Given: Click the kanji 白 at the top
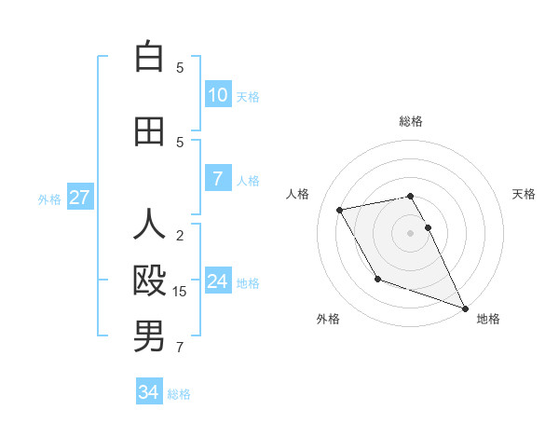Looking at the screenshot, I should click(x=149, y=57).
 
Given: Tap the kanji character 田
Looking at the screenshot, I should click(x=149, y=131).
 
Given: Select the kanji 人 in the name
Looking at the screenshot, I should click(x=149, y=225).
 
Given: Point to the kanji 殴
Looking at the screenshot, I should click(x=149, y=281).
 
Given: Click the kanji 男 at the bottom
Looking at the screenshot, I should click(x=149, y=336).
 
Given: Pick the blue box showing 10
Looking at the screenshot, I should click(x=218, y=95).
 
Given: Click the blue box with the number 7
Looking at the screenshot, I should click(x=218, y=179).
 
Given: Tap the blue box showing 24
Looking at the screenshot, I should click(x=218, y=281).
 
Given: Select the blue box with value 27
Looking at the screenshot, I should click(x=79, y=198).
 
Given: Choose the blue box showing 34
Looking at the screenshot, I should click(x=149, y=392).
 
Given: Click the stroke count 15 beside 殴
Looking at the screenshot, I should click(x=180, y=292).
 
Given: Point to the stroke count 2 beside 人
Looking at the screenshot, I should click(x=180, y=235).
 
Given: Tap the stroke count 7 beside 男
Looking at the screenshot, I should click(x=180, y=348).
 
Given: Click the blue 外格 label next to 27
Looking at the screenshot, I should click(x=49, y=199).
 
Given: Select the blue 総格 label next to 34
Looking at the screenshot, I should click(x=179, y=394).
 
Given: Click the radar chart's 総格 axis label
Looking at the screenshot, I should click(x=411, y=121).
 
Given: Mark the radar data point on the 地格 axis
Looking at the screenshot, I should click(x=465, y=308).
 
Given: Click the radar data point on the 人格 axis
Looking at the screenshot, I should click(x=340, y=210).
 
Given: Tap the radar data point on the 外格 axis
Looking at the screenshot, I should click(x=377, y=279).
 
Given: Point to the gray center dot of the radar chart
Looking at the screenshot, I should click(x=411, y=233).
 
